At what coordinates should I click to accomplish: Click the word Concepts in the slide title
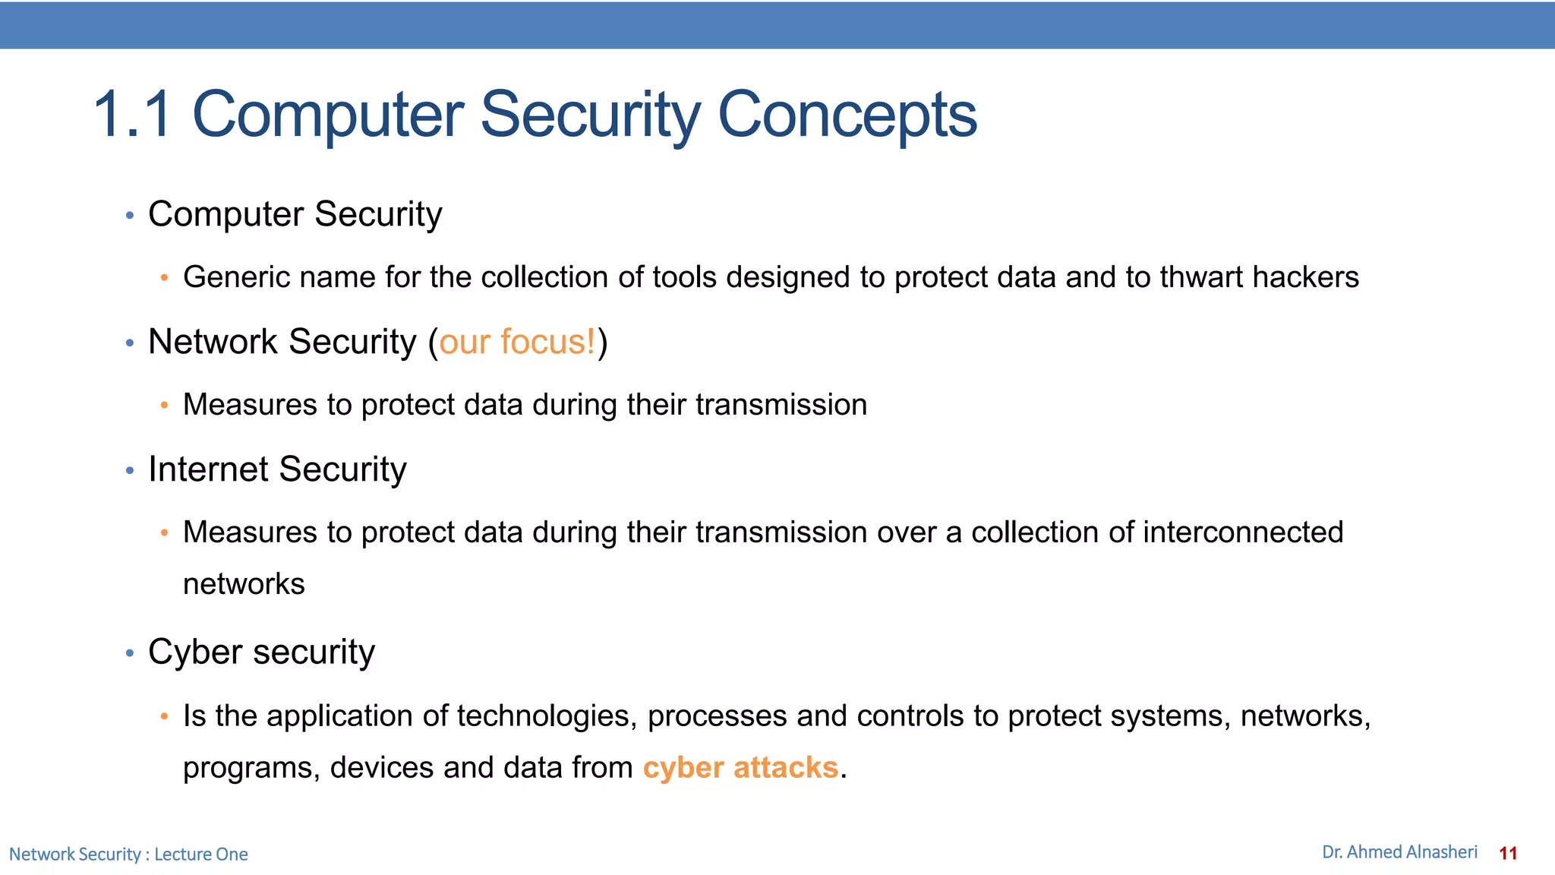847,115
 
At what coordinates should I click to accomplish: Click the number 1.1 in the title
132,115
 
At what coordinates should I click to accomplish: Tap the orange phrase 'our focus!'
518,342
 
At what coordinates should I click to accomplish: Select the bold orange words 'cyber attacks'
740,767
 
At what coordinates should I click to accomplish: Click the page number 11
1508,853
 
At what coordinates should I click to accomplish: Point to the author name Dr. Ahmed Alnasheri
1399,852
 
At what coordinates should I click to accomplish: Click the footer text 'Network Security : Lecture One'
128,854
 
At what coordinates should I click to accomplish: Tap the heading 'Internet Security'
277,469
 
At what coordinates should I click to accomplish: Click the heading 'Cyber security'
261,652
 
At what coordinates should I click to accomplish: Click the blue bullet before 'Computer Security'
130,216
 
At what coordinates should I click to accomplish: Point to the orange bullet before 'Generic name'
164,278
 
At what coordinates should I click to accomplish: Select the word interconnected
1243,532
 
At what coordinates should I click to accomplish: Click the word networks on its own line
244,584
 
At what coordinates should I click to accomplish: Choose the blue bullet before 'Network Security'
130,344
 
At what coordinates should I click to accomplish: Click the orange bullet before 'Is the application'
164,716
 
